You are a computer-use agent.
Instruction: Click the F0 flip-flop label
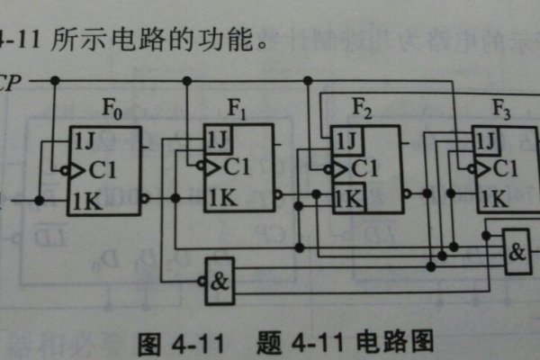(110, 115)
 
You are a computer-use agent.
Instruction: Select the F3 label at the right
(501, 112)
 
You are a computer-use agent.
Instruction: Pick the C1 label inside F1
(236, 166)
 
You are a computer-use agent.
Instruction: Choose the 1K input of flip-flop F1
(220, 196)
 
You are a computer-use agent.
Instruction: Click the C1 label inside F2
(363, 168)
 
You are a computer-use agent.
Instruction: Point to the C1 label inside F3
(504, 168)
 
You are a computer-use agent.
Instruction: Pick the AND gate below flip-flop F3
(517, 251)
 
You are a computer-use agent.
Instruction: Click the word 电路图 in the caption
(396, 342)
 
